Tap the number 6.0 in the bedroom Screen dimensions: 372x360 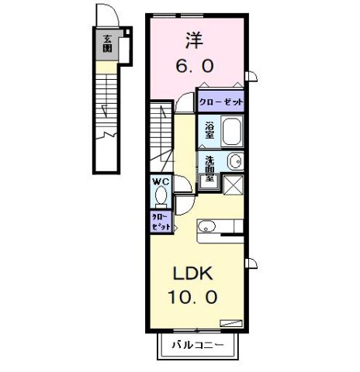(195, 67)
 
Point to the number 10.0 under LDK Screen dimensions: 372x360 (193, 295)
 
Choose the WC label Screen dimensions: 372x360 (161, 182)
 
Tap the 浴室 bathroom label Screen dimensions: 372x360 (209, 130)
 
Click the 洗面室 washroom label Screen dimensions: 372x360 (209, 168)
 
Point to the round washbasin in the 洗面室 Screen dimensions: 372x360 (236, 161)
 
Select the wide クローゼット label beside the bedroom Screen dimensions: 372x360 (221, 102)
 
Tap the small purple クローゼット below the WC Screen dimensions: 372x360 (161, 222)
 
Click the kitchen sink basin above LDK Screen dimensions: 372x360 (206, 226)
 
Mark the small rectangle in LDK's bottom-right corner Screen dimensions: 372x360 (231, 322)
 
